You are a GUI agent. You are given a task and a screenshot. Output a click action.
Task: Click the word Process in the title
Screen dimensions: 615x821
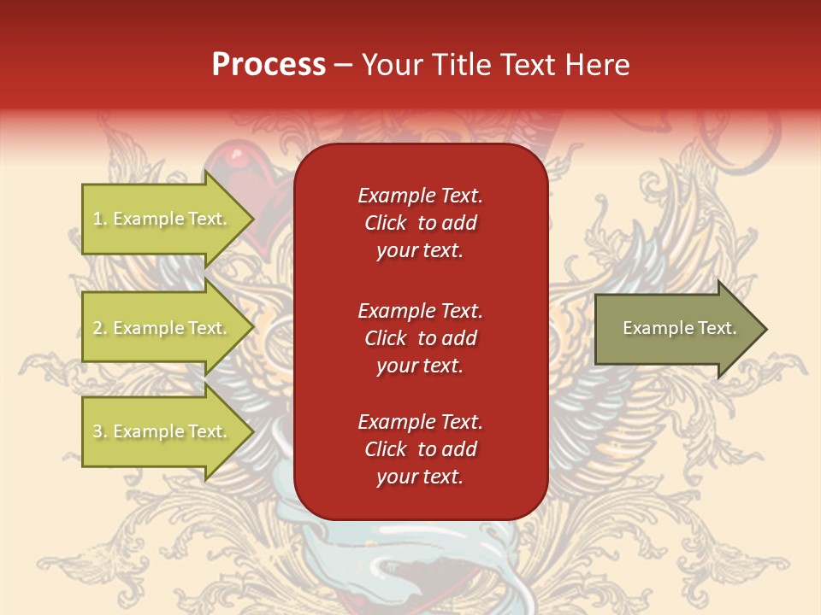point(269,65)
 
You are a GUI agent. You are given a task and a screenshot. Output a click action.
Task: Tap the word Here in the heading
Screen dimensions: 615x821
point(596,65)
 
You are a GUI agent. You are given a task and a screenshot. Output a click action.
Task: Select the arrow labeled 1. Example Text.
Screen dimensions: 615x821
point(162,219)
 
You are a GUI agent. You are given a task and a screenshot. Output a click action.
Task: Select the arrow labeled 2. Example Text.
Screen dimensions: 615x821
point(162,328)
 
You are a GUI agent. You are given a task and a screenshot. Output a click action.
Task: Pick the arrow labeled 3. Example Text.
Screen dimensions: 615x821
point(162,431)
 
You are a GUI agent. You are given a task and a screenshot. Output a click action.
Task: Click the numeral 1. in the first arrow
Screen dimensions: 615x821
point(99,219)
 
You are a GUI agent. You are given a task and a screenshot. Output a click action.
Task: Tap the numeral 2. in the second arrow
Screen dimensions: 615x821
point(99,328)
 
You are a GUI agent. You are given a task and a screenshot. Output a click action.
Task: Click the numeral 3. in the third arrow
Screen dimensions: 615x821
point(99,431)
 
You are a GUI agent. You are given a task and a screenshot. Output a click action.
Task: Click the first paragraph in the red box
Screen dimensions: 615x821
point(420,223)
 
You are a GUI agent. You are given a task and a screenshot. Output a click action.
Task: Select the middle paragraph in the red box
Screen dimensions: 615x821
point(420,338)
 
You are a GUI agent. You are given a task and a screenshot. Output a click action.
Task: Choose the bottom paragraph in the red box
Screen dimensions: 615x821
point(420,449)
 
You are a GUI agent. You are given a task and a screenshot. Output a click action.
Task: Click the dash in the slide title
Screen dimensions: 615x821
point(343,66)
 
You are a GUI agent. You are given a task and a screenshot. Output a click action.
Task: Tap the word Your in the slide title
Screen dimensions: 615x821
point(390,65)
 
